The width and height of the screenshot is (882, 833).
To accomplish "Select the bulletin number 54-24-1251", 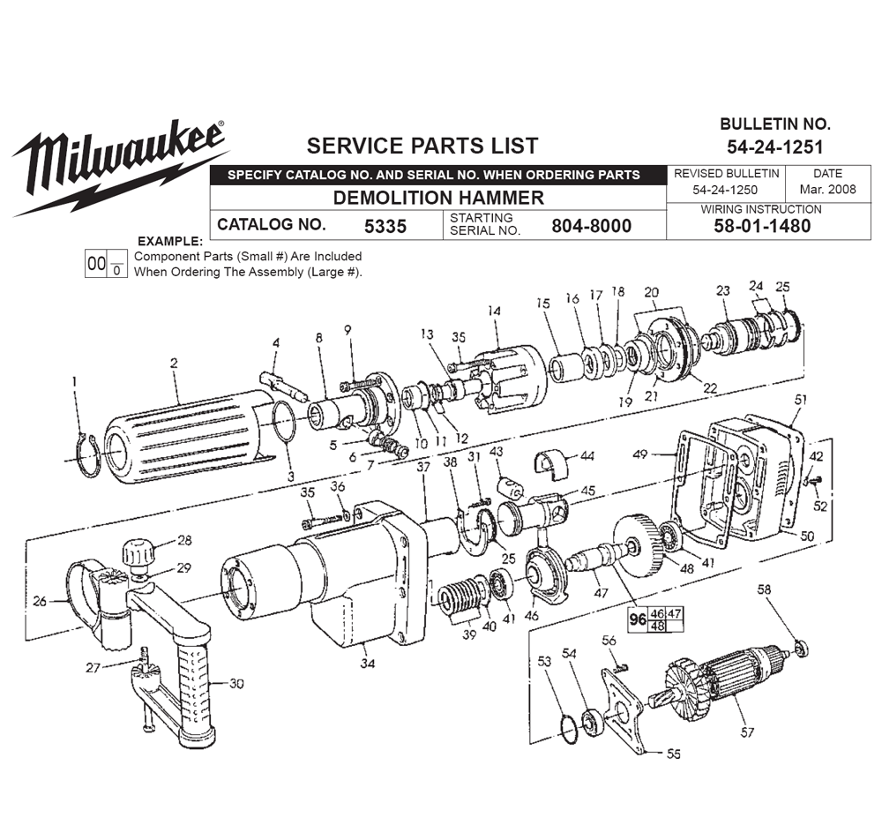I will pyautogui.click(x=774, y=146).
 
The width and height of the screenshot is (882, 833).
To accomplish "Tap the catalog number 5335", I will pyautogui.click(x=385, y=225).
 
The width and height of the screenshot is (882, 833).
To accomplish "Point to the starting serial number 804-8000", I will pyautogui.click(x=591, y=225).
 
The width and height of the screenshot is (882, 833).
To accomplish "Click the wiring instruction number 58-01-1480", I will pyautogui.click(x=760, y=225).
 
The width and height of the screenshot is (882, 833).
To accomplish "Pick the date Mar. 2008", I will pyautogui.click(x=827, y=189).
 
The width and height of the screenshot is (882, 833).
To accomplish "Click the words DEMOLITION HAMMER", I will pyautogui.click(x=437, y=197).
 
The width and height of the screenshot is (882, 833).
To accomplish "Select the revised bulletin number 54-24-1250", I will pyautogui.click(x=726, y=189).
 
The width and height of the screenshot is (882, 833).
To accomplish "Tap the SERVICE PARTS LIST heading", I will pyautogui.click(x=422, y=146).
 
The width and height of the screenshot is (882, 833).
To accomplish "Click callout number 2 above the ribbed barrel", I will pyautogui.click(x=174, y=363).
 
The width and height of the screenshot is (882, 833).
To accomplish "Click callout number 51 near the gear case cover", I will pyautogui.click(x=800, y=400).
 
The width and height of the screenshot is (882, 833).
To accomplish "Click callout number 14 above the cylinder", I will pyautogui.click(x=493, y=311).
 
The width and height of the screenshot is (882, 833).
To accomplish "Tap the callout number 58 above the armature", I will pyautogui.click(x=764, y=589).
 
